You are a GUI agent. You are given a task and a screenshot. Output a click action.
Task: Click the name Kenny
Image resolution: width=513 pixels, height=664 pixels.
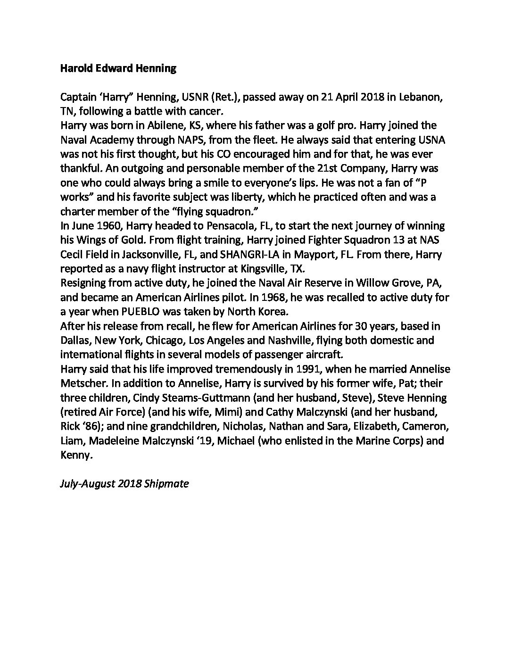point(75,455)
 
